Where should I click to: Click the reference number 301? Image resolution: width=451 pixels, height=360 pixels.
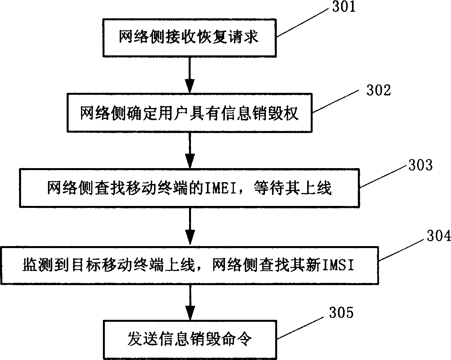[x=343, y=7]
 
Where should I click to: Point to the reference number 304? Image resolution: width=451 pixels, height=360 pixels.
[x=435, y=236]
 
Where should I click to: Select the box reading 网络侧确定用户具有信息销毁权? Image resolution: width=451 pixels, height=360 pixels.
[x=189, y=113]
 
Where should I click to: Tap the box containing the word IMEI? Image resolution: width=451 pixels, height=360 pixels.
[x=189, y=189]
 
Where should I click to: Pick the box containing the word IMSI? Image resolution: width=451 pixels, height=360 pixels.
[x=189, y=265]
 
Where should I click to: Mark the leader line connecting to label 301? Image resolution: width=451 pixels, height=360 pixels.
[x=304, y=23]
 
